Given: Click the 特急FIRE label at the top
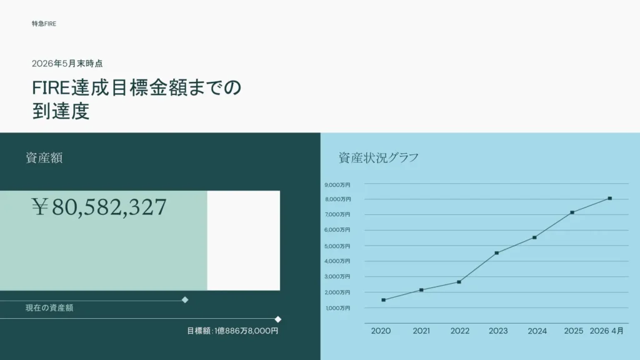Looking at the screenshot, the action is point(44,24).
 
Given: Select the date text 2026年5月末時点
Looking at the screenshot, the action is point(67,64).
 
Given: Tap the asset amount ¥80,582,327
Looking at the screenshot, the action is point(99,206).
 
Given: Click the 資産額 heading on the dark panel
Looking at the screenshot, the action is point(44,158).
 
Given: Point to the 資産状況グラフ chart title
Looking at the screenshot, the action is point(378,158).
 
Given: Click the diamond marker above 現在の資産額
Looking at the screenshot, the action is point(185,300).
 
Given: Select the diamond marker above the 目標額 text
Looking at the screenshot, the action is point(278,319).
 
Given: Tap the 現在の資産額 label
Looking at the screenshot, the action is point(49,307).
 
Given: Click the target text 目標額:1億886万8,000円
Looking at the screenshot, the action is point(232,331).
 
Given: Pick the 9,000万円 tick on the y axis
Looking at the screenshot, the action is point(337,185).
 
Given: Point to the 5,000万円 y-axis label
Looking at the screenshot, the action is point(337,246).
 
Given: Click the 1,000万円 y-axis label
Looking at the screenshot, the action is point(338,308).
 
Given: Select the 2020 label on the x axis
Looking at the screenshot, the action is point(381,331).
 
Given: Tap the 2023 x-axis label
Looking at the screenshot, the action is point(498,331).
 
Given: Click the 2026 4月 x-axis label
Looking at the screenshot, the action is point(606,331).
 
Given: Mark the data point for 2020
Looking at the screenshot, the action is point(384,300).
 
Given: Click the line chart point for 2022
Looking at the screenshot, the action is point(459,282).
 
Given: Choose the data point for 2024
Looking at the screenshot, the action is point(535,237).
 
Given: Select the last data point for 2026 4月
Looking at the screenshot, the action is point(610,198).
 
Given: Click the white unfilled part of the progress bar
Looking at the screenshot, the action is point(244,241).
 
